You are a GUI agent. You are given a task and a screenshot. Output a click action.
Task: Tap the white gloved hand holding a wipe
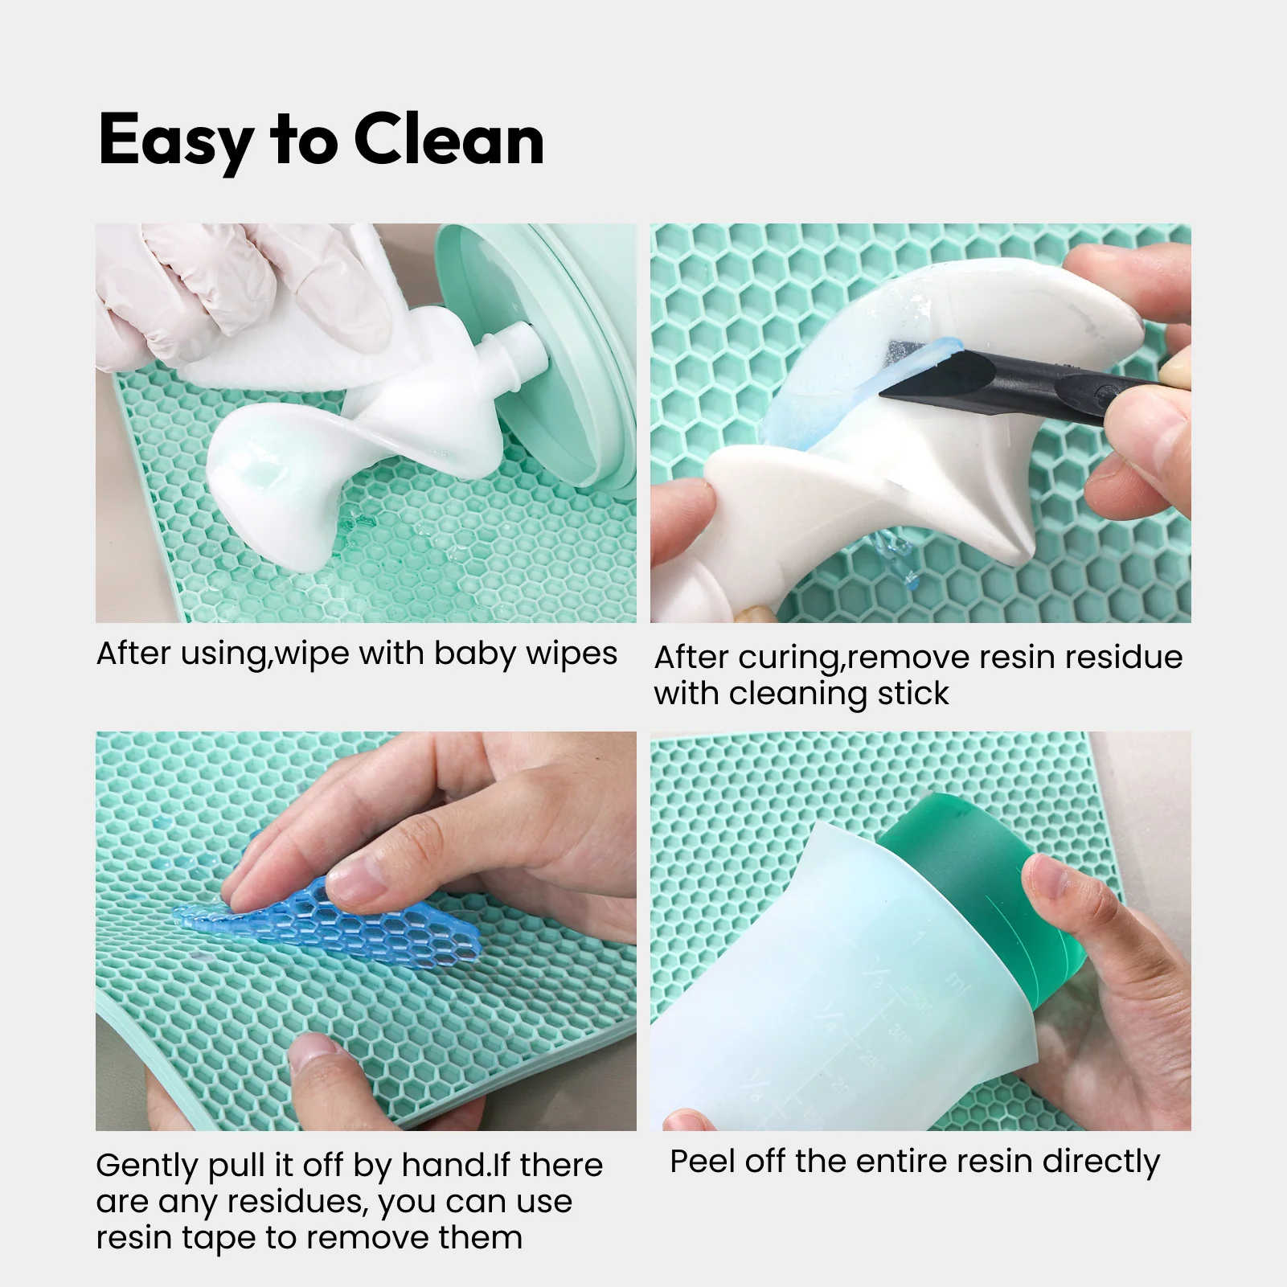(x=193, y=289)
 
